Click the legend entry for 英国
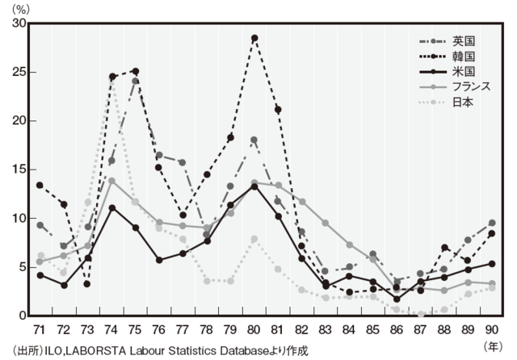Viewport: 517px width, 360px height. click(463, 40)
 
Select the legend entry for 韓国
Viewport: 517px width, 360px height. click(463, 56)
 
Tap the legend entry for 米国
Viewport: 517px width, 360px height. click(463, 71)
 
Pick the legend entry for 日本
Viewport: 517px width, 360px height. click(463, 103)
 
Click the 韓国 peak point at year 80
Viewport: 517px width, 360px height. click(254, 38)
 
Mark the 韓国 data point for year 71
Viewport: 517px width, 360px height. click(40, 185)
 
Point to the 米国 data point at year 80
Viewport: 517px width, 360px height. click(254, 186)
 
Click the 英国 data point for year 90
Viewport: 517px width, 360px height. click(492, 223)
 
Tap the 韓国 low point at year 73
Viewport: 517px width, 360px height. click(87, 283)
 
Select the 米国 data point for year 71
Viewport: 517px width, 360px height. click(40, 274)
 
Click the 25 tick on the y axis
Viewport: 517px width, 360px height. click(18, 72)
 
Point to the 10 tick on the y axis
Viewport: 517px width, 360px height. click(18, 218)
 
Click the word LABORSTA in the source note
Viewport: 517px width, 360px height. click(96, 350)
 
